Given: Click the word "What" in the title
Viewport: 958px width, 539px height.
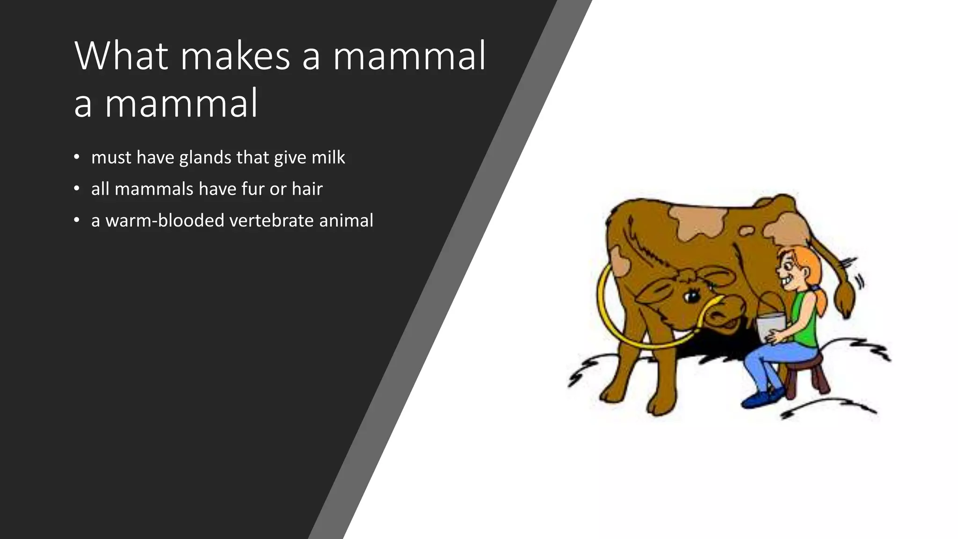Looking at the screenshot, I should tap(121, 56).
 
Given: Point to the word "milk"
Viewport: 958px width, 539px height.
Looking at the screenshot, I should tap(328, 158).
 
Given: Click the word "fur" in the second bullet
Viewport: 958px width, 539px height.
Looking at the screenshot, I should tap(253, 189).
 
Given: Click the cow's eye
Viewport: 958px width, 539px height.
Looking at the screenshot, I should tap(691, 296).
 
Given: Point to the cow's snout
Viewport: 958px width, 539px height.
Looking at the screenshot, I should tap(727, 313).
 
